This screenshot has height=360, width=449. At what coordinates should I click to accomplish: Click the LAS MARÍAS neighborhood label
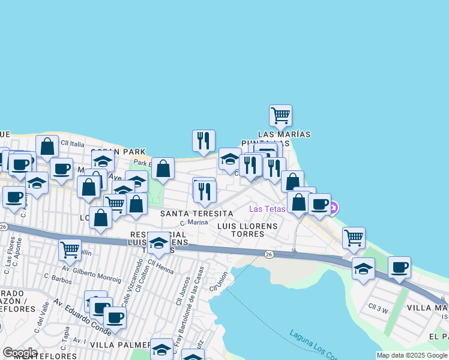click(x=284, y=134)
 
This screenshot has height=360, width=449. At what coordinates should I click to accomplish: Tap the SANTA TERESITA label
click(x=196, y=214)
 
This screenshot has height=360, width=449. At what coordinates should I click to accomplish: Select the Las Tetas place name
click(x=267, y=209)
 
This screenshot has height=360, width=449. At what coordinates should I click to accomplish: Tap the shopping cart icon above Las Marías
click(x=280, y=115)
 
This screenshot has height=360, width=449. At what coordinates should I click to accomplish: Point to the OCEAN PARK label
click(x=116, y=151)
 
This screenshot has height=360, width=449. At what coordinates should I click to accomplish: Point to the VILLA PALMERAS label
click(x=120, y=345)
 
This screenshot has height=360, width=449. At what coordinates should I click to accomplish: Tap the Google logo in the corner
click(x=20, y=353)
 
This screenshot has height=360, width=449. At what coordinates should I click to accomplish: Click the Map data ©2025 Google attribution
click(x=412, y=355)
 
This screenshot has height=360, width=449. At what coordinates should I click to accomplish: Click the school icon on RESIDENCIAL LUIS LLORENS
click(x=158, y=242)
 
